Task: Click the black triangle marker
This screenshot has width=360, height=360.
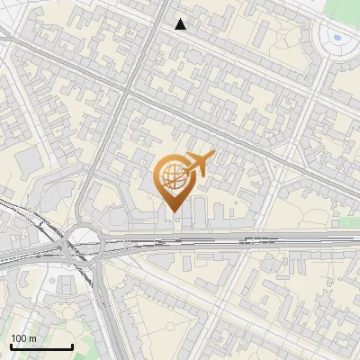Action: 181,24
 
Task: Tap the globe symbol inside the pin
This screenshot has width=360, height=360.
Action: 174,176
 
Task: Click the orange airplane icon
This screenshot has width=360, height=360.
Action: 198,164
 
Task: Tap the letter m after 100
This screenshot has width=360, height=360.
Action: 33,338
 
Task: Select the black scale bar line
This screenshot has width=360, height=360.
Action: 41,346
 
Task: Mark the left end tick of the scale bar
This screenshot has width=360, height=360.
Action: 11,346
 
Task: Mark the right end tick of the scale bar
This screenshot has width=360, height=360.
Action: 72,346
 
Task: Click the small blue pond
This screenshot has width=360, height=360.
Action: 337,38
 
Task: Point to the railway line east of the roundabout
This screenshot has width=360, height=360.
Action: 225,240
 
